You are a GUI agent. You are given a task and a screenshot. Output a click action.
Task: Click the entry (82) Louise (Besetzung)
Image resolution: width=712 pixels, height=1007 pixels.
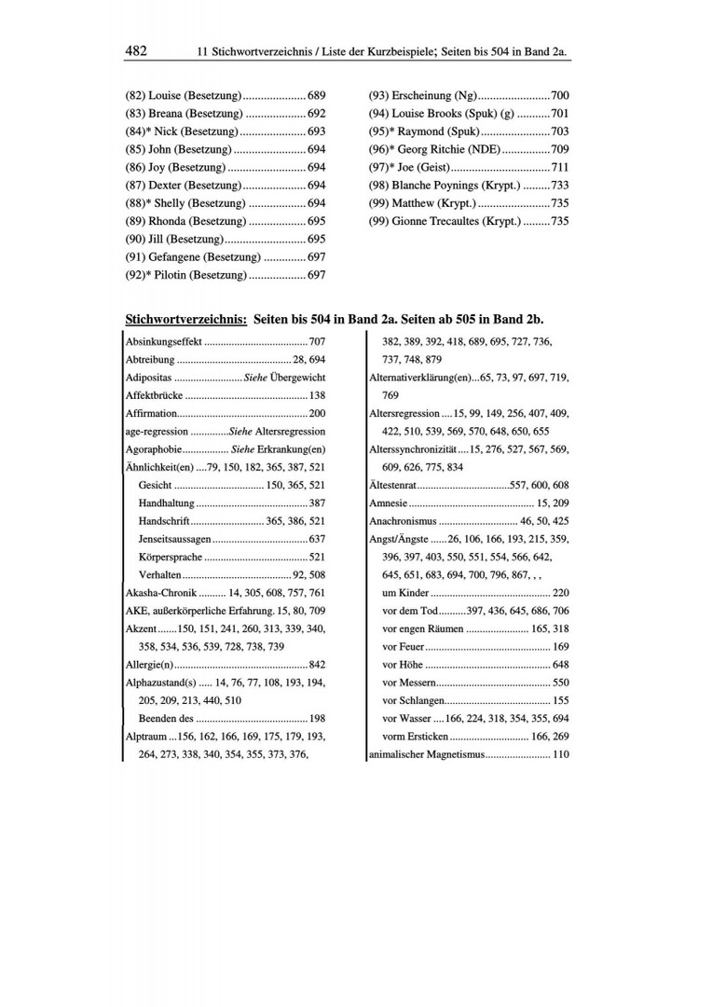[184, 96]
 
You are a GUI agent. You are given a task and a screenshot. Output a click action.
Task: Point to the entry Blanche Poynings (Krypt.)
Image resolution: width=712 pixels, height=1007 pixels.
[443, 186]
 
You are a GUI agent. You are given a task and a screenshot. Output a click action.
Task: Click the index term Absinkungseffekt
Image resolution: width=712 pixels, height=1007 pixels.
[163, 342]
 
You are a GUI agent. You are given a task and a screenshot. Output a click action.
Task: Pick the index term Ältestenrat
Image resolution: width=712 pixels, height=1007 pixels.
[392, 485]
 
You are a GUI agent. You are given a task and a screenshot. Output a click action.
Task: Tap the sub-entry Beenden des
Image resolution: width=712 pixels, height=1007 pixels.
[166, 718]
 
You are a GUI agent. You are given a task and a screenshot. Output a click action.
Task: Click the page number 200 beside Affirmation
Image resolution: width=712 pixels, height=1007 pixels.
[317, 413]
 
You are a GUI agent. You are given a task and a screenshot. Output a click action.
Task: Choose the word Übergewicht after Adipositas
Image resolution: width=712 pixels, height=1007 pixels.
[297, 378]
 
